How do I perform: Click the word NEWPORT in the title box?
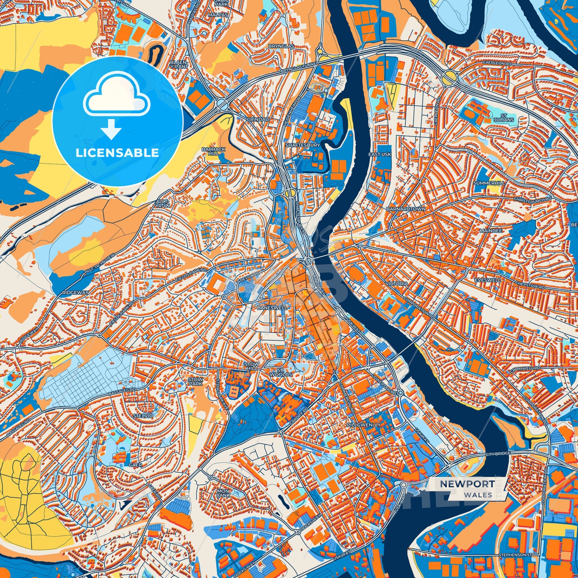(467, 484)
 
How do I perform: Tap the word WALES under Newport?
(478, 495)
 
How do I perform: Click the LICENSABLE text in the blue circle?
(118, 153)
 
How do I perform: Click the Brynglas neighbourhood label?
(281, 46)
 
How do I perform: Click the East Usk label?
(380, 154)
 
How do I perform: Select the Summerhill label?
(489, 183)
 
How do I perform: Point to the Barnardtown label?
(406, 209)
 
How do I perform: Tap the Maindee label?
(490, 231)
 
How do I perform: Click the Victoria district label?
(397, 284)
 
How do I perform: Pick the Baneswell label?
(272, 308)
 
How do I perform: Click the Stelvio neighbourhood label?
(143, 416)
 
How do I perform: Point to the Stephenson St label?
(515, 555)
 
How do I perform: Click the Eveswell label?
(488, 280)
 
